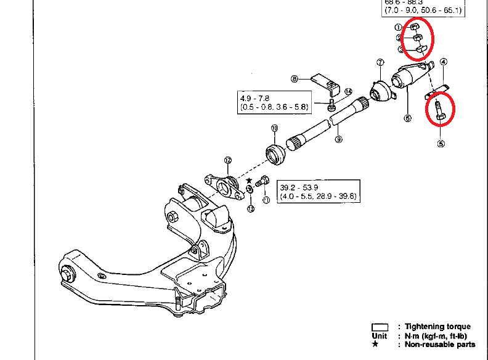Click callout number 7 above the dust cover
click(x=380, y=62)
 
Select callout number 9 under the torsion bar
click(x=338, y=139)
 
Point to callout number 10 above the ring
click(x=275, y=128)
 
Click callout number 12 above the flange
click(x=227, y=160)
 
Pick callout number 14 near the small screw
click(x=348, y=92)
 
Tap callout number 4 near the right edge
click(x=443, y=62)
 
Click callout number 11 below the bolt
click(x=266, y=200)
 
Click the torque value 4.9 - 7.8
click(x=256, y=97)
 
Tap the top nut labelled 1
click(x=416, y=27)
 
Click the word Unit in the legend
click(x=380, y=336)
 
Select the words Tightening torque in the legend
click(x=438, y=327)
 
